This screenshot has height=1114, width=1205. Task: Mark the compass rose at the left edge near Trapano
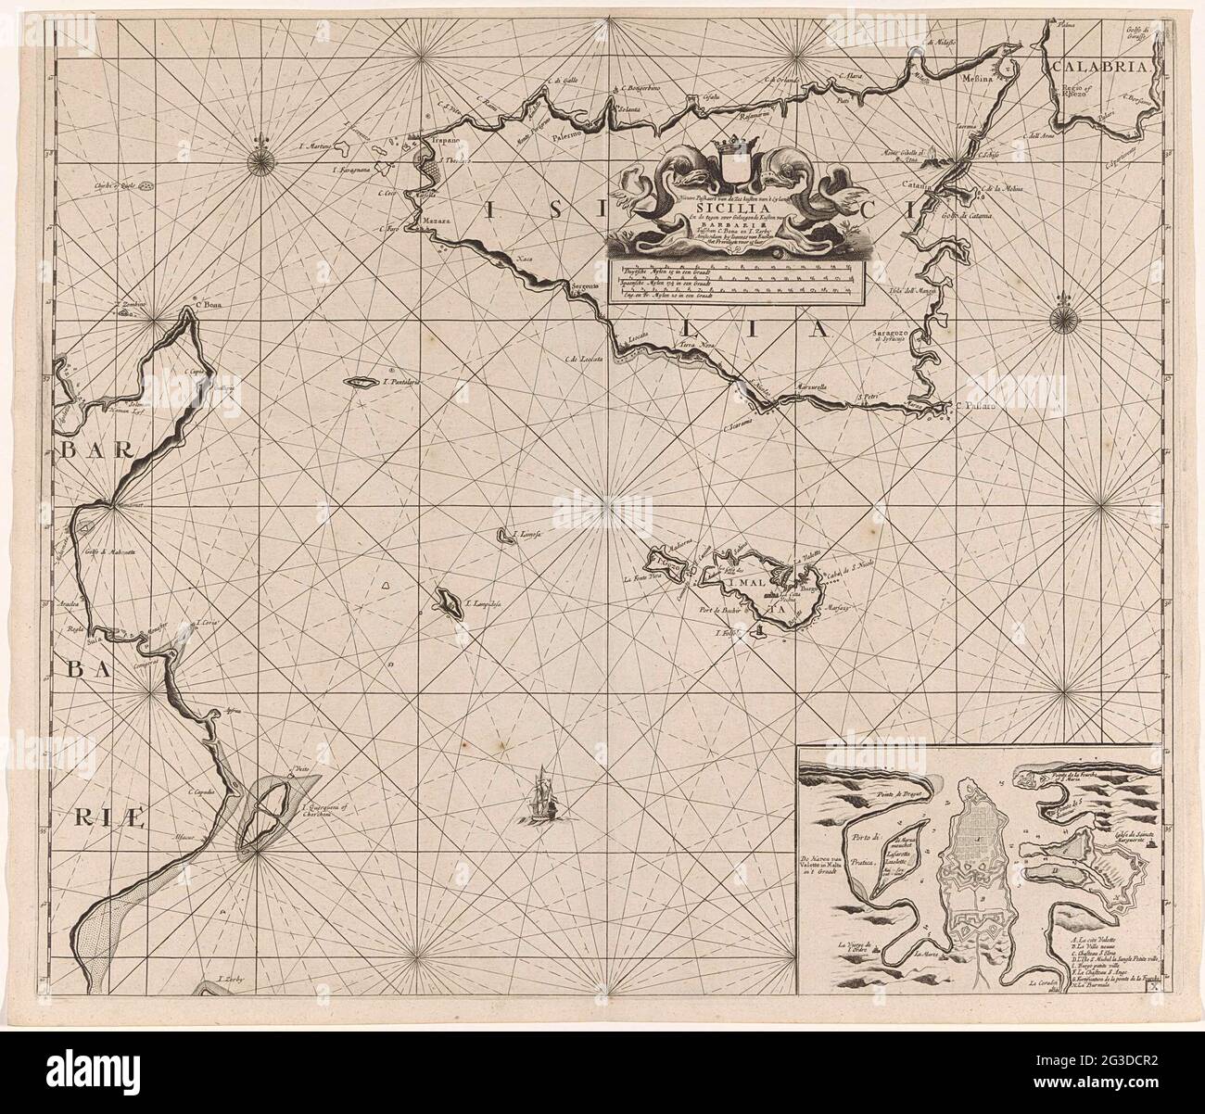point(260,159)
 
